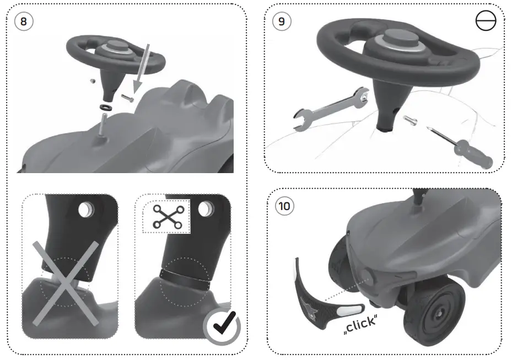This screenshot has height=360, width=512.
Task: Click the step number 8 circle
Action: tap(24, 22)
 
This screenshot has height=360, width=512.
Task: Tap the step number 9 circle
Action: tap(282, 22)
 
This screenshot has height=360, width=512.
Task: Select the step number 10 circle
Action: tap(284, 206)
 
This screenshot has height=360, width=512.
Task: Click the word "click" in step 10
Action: tap(360, 324)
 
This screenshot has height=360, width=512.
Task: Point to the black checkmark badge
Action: tap(222, 326)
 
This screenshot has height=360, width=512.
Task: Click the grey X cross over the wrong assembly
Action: tap(65, 283)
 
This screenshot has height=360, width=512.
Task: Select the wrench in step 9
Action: tap(331, 109)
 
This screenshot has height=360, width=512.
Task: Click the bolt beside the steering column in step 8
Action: tap(127, 98)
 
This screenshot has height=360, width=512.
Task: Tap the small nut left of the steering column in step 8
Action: tap(93, 80)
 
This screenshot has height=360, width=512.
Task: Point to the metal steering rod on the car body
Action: tap(104, 126)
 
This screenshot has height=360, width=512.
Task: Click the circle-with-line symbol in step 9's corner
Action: tap(486, 21)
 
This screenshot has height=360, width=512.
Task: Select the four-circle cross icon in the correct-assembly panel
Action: tap(168, 216)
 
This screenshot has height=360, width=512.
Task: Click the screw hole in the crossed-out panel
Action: tap(86, 209)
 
